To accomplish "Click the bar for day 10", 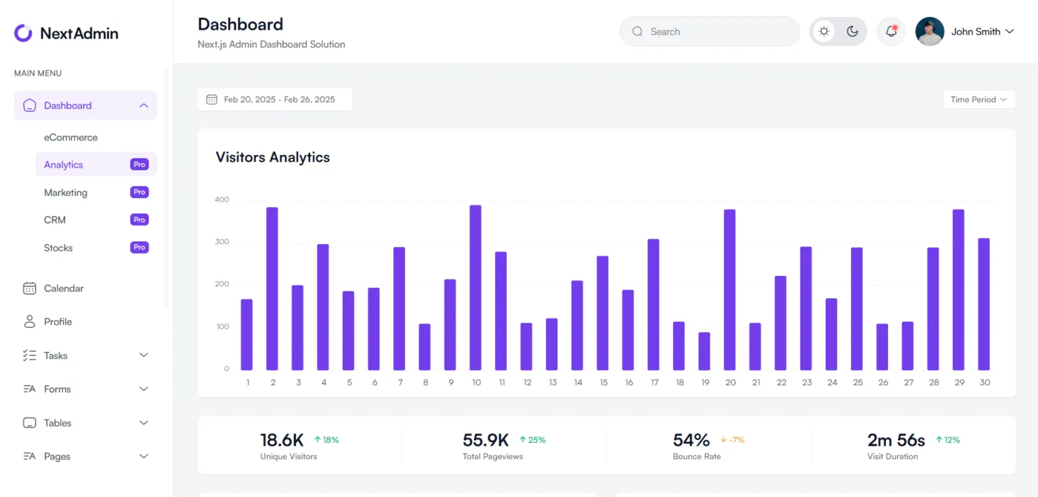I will pyautogui.click(x=476, y=287).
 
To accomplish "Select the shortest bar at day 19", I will pyautogui.click(x=704, y=351).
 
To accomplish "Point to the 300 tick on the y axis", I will pyautogui.click(x=222, y=242).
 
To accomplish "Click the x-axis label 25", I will pyautogui.click(x=858, y=383).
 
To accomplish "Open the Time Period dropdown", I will pyautogui.click(x=979, y=99).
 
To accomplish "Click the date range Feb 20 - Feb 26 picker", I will pyautogui.click(x=275, y=99).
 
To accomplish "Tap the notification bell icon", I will pyautogui.click(x=891, y=32).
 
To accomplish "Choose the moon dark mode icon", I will pyautogui.click(x=852, y=32).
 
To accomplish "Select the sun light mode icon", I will pyautogui.click(x=824, y=32).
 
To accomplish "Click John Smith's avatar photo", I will pyautogui.click(x=929, y=32).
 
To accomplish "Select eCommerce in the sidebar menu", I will pyautogui.click(x=71, y=137).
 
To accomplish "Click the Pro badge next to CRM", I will pyautogui.click(x=139, y=220).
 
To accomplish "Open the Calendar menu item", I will pyautogui.click(x=64, y=289).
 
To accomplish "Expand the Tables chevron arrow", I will pyautogui.click(x=143, y=423).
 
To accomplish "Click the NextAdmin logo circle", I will pyautogui.click(x=24, y=33).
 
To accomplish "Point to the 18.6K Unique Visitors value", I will pyautogui.click(x=282, y=440).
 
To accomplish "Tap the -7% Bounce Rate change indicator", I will pyautogui.click(x=733, y=440).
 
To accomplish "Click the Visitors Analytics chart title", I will pyautogui.click(x=272, y=158).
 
